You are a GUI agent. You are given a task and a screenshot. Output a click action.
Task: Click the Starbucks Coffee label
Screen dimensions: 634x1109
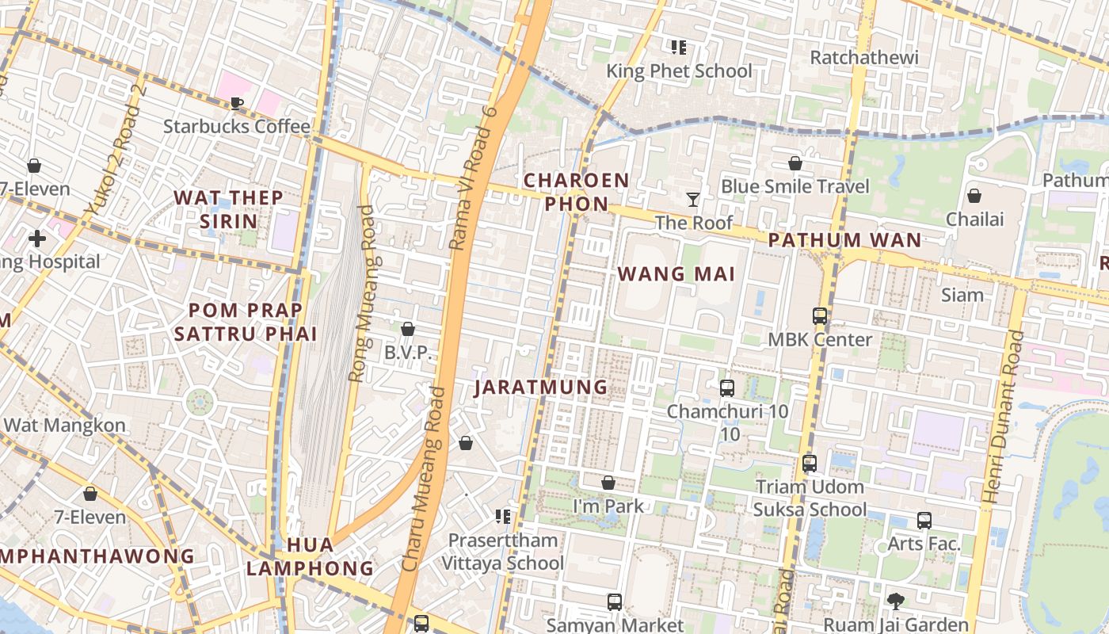click(237, 126)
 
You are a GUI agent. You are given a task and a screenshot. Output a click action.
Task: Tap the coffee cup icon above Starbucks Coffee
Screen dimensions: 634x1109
click(236, 103)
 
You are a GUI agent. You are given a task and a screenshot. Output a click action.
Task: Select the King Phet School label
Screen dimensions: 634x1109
click(679, 71)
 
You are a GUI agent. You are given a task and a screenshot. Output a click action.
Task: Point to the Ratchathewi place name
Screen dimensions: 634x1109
click(864, 57)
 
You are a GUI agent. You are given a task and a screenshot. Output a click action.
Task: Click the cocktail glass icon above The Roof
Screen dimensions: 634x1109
click(693, 199)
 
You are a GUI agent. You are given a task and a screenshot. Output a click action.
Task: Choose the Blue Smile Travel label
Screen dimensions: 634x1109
click(795, 186)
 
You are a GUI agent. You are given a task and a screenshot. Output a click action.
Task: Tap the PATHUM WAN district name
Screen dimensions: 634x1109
click(845, 239)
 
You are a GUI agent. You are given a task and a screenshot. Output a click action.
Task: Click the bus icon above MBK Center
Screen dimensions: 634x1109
click(820, 316)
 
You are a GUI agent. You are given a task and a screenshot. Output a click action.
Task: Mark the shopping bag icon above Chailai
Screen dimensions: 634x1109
click(974, 195)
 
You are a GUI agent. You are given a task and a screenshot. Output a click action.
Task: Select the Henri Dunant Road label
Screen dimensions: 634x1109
click(1002, 416)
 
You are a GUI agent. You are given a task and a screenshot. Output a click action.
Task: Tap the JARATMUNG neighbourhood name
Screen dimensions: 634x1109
click(541, 387)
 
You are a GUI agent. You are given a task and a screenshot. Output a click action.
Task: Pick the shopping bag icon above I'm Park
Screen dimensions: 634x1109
click(608, 483)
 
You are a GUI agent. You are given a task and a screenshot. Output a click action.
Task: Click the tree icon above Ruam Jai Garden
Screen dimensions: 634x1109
click(896, 602)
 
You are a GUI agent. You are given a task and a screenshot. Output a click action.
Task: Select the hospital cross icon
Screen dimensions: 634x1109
click(36, 238)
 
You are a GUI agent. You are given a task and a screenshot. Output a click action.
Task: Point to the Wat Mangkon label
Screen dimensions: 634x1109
click(64, 425)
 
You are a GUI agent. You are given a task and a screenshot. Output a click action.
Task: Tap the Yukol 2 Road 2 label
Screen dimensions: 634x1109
click(116, 150)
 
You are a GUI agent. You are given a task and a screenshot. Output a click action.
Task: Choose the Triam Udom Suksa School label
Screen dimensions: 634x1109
click(810, 498)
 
